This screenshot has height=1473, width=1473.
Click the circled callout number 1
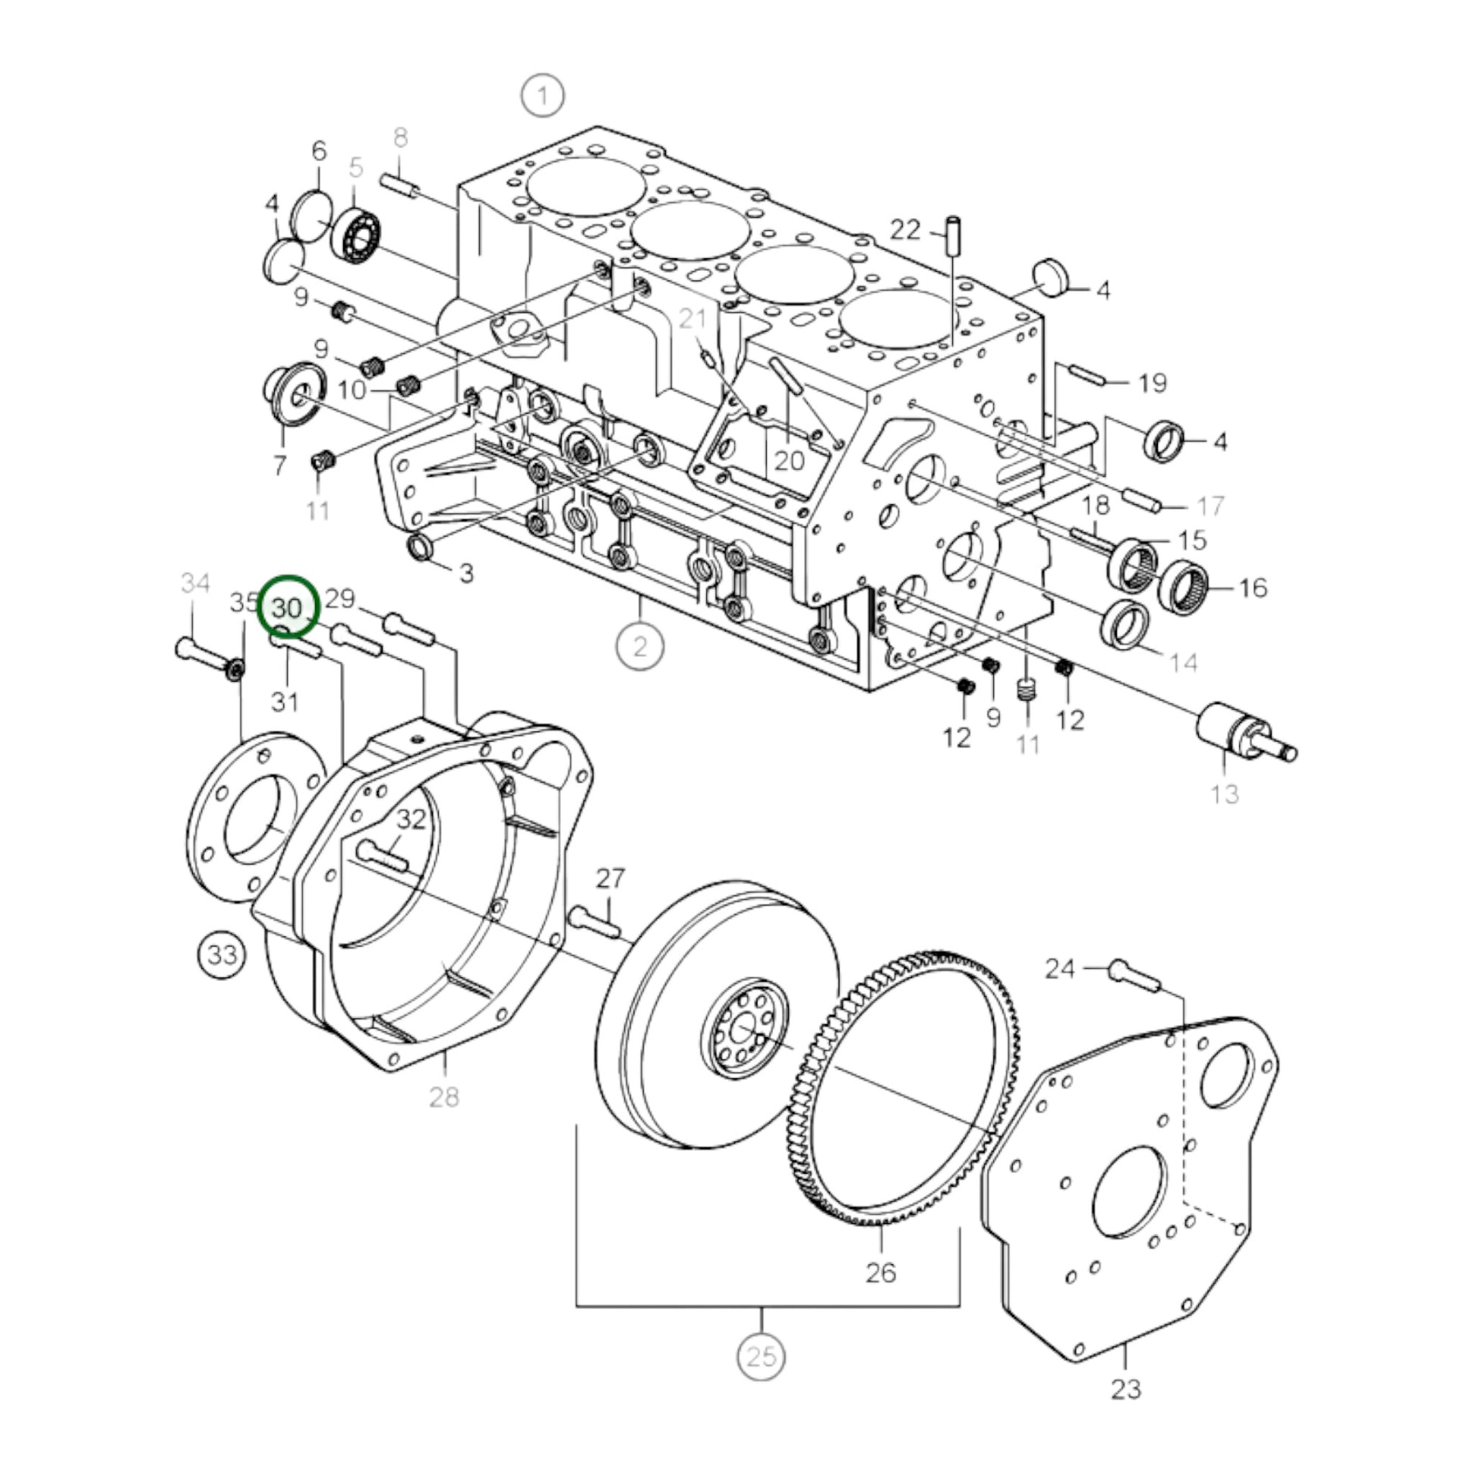coord(542,96)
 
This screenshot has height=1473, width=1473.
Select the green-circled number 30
coord(288,608)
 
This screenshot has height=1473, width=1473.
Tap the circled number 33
coord(222,954)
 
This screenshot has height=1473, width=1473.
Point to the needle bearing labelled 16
coord(1183,586)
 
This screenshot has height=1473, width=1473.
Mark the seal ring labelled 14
coord(1127,625)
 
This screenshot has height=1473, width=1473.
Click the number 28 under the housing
coord(444,1097)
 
